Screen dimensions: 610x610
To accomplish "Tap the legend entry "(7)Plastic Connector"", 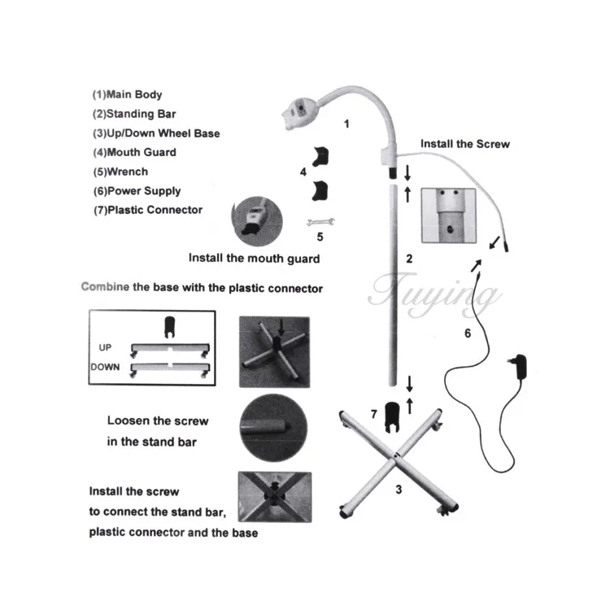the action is click(147, 210).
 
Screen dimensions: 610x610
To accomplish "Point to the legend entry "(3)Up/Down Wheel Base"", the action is click(155, 133).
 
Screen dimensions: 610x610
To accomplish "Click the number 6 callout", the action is click(467, 333).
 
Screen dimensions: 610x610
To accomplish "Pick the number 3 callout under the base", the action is click(398, 490).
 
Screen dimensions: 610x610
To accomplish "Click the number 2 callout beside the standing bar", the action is click(409, 259).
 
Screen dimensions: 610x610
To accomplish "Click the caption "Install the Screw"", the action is click(464, 144).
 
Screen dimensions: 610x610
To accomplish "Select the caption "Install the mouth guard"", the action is click(254, 259).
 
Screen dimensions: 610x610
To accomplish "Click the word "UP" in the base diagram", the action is click(106, 346).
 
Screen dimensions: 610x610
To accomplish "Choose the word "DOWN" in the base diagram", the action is click(105, 367).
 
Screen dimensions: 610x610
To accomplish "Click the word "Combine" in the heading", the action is click(104, 288).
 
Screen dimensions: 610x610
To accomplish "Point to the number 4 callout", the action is click(303, 172).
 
